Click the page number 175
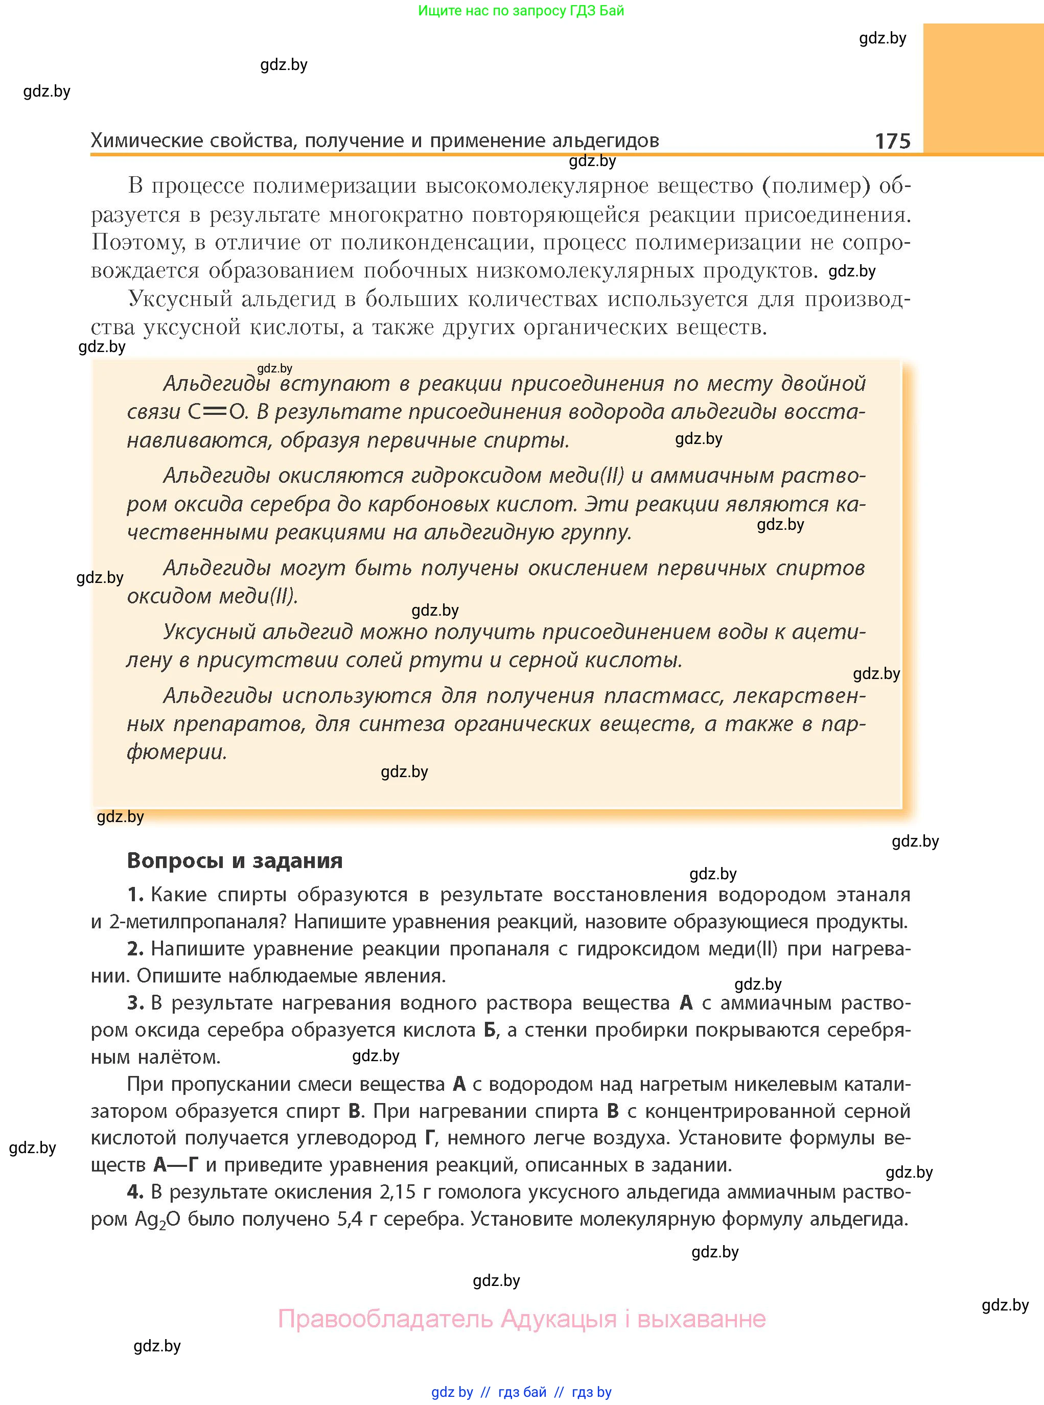pos(892,140)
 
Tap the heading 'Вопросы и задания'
pos(235,860)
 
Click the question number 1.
pos(134,895)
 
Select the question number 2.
pos(134,948)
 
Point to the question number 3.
pos(134,1002)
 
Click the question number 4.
pos(134,1191)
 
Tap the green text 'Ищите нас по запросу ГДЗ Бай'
pos(521,10)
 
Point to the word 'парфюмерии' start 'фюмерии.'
pos(176,752)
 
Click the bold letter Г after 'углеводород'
pos(430,1138)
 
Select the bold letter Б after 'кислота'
pos(490,1030)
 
